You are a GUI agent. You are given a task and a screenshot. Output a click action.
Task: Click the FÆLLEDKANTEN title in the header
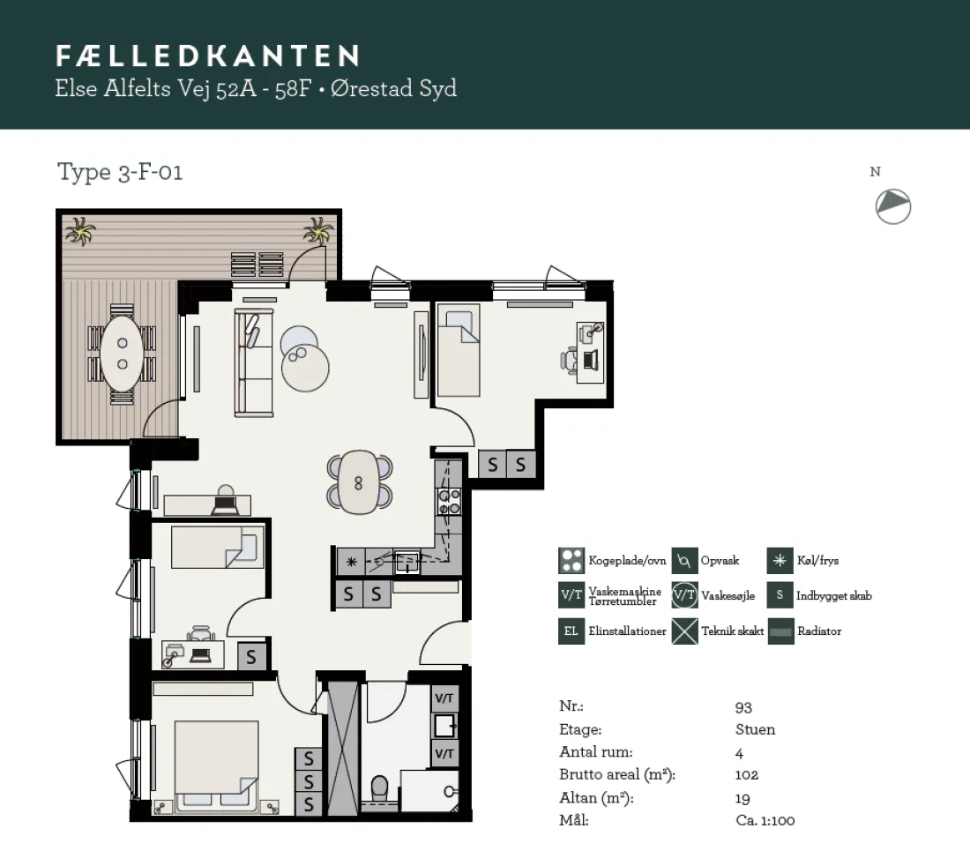pos(208,56)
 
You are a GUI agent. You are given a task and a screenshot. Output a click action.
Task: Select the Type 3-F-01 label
pos(120,172)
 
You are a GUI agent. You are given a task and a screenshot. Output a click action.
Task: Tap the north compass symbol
pos(893,206)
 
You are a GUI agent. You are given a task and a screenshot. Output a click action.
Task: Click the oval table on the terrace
pos(122,353)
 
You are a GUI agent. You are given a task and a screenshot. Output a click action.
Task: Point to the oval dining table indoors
pos(359,482)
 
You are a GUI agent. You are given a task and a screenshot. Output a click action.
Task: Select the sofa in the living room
pos(254,362)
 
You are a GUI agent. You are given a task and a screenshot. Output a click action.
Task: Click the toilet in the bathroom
pos(379,789)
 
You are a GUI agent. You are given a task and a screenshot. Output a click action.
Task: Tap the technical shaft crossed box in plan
pos(343,749)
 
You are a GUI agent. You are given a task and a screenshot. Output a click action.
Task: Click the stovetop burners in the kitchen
pos(449,501)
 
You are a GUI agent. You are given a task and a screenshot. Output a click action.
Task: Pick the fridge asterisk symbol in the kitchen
pos(351,562)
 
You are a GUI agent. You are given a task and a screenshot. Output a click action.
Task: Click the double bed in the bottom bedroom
pos(217,765)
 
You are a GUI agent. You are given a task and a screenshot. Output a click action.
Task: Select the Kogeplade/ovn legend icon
pos(571,560)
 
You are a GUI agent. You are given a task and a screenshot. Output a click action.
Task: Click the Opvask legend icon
pos(684,560)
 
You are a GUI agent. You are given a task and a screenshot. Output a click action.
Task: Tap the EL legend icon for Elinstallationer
pos(571,631)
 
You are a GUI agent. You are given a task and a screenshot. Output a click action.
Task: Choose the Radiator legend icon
pos(780,631)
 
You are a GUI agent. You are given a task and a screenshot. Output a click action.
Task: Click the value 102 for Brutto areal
pos(747,774)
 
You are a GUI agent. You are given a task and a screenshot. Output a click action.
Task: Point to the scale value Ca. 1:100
pos(765,820)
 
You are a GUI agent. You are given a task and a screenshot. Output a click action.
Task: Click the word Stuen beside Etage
pos(755,729)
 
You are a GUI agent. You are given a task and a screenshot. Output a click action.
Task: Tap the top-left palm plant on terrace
pos(79,232)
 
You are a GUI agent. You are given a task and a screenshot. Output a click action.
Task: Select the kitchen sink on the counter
pos(407,562)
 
